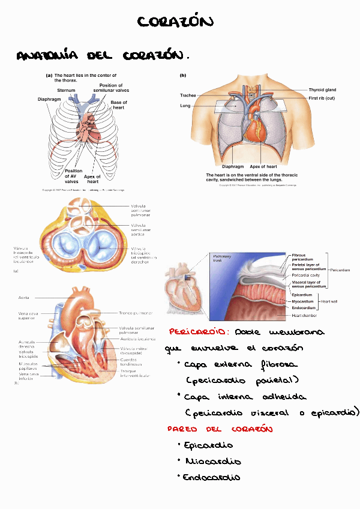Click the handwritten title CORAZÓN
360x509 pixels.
point(175,23)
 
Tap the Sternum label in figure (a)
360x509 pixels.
point(66,89)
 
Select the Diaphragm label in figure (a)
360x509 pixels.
point(49,99)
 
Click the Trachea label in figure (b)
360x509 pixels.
point(188,95)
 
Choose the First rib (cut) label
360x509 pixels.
point(322,98)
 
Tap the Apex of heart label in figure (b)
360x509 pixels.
point(263,166)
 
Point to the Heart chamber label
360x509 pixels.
point(304,315)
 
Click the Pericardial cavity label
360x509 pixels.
point(306,276)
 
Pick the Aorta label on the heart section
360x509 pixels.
point(23,297)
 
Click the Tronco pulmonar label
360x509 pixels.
point(136,313)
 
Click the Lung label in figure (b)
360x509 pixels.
point(185,106)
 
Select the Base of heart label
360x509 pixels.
point(119,105)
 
